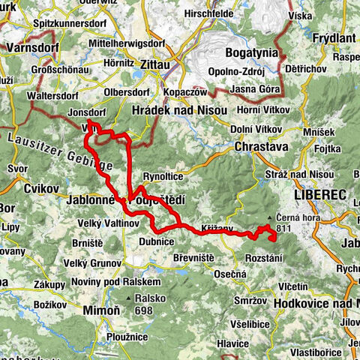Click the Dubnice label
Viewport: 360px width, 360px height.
click(x=157, y=241)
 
